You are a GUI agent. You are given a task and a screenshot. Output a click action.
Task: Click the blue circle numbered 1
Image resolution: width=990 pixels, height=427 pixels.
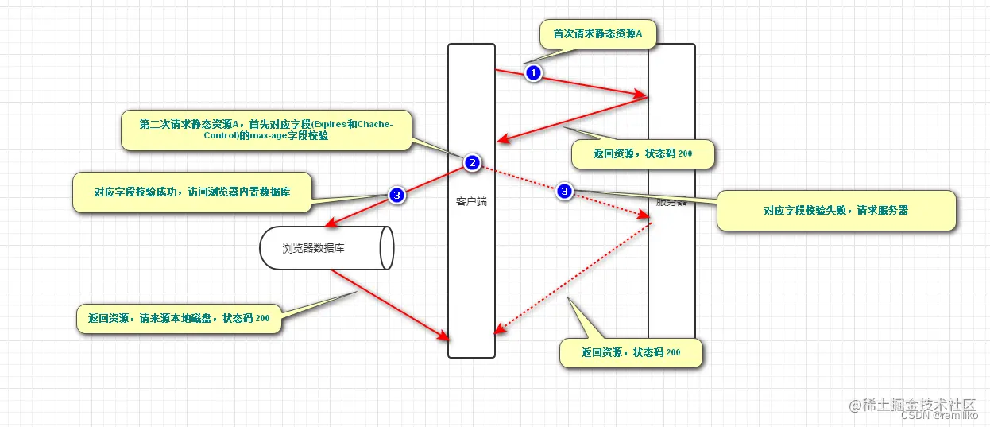click(x=534, y=73)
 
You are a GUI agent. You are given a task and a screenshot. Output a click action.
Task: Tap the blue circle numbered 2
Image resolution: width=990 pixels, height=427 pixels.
click(x=472, y=163)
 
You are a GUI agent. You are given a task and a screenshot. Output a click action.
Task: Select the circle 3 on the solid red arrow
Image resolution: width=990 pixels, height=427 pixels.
click(x=397, y=194)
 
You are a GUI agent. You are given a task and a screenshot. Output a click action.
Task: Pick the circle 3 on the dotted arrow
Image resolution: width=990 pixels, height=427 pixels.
click(x=564, y=191)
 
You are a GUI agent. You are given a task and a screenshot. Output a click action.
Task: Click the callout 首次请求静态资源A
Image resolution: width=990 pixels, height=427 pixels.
click(x=597, y=34)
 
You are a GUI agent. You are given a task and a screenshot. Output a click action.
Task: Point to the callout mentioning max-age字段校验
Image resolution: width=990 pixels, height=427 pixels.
click(x=266, y=130)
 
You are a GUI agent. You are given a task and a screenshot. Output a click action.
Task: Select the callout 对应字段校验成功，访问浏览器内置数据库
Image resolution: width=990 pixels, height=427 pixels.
click(x=191, y=192)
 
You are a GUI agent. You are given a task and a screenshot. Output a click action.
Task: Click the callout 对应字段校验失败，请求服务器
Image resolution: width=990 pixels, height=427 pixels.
click(x=836, y=211)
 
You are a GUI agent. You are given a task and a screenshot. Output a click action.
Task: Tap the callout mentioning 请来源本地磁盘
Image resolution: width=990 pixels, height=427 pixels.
click(x=179, y=318)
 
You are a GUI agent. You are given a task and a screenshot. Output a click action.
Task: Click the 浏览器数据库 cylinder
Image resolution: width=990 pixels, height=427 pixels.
click(x=326, y=248)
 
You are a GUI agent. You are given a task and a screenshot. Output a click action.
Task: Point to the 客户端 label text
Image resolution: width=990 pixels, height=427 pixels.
click(x=471, y=201)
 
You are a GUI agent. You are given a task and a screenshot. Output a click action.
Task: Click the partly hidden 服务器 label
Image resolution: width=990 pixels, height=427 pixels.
click(x=671, y=202)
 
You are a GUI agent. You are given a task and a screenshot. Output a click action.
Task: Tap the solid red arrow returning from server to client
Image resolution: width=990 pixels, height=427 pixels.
click(x=572, y=119)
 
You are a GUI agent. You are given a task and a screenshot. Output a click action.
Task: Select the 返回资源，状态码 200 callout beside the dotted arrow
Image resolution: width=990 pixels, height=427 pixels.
click(x=631, y=352)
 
